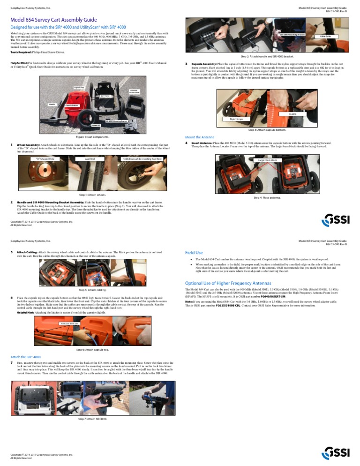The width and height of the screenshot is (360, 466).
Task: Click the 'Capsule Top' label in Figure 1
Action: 78,87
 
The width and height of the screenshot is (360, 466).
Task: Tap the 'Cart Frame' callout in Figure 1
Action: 105,96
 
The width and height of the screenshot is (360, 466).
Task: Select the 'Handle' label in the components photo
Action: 52,104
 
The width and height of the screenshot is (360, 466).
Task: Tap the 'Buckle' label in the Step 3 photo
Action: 292,114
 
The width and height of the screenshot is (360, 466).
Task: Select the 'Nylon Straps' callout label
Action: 237,119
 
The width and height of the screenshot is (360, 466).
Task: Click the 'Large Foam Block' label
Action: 268,160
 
